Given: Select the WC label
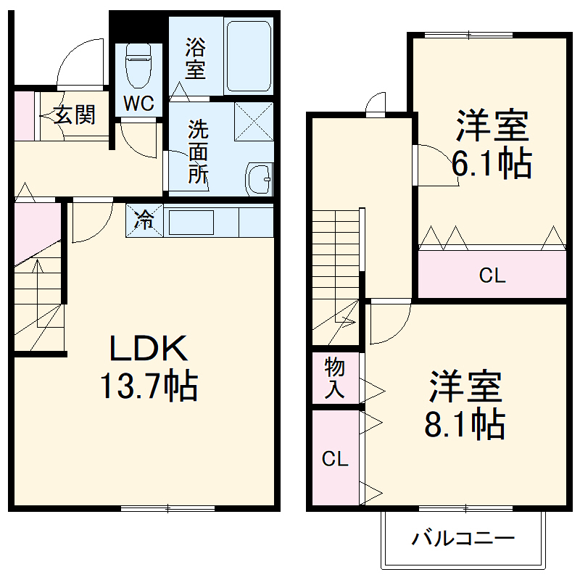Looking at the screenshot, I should [138, 104].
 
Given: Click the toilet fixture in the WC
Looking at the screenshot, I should [137, 67].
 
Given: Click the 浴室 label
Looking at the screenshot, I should [195, 59].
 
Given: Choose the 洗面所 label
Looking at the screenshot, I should [198, 152].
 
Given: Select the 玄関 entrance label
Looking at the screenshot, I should [74, 115].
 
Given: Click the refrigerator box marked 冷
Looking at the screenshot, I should [144, 220].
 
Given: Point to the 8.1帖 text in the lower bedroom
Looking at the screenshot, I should [465, 406].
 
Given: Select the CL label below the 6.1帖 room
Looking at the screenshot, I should [492, 275].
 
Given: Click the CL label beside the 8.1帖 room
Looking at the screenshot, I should [336, 458].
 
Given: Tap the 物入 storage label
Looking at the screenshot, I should [334, 377].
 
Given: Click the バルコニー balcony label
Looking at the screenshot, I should [463, 539].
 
